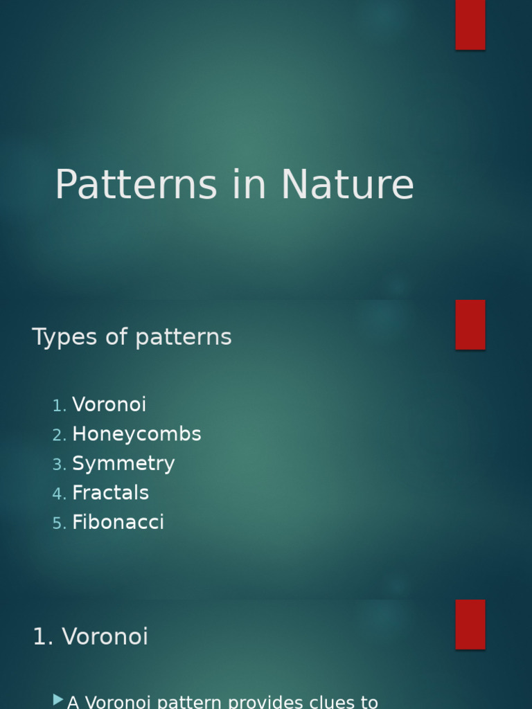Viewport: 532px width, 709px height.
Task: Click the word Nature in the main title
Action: coord(347,186)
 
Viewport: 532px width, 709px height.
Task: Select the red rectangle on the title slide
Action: coord(470,24)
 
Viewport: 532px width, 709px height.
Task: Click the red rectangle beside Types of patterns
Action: coord(470,325)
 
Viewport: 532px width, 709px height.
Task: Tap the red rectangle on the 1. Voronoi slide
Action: coord(470,625)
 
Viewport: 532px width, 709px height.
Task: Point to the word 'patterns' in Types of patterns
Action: coord(184,338)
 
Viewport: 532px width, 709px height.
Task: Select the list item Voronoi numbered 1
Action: coord(109,404)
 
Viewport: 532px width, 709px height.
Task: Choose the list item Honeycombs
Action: coord(136,434)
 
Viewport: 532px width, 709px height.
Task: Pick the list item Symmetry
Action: coord(123,464)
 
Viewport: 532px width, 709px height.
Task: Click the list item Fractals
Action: coord(110,493)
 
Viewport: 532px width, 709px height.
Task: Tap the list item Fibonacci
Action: coord(118,523)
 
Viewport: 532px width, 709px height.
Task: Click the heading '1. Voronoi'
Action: coord(90,637)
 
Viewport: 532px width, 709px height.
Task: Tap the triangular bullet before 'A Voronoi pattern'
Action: coord(58,701)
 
